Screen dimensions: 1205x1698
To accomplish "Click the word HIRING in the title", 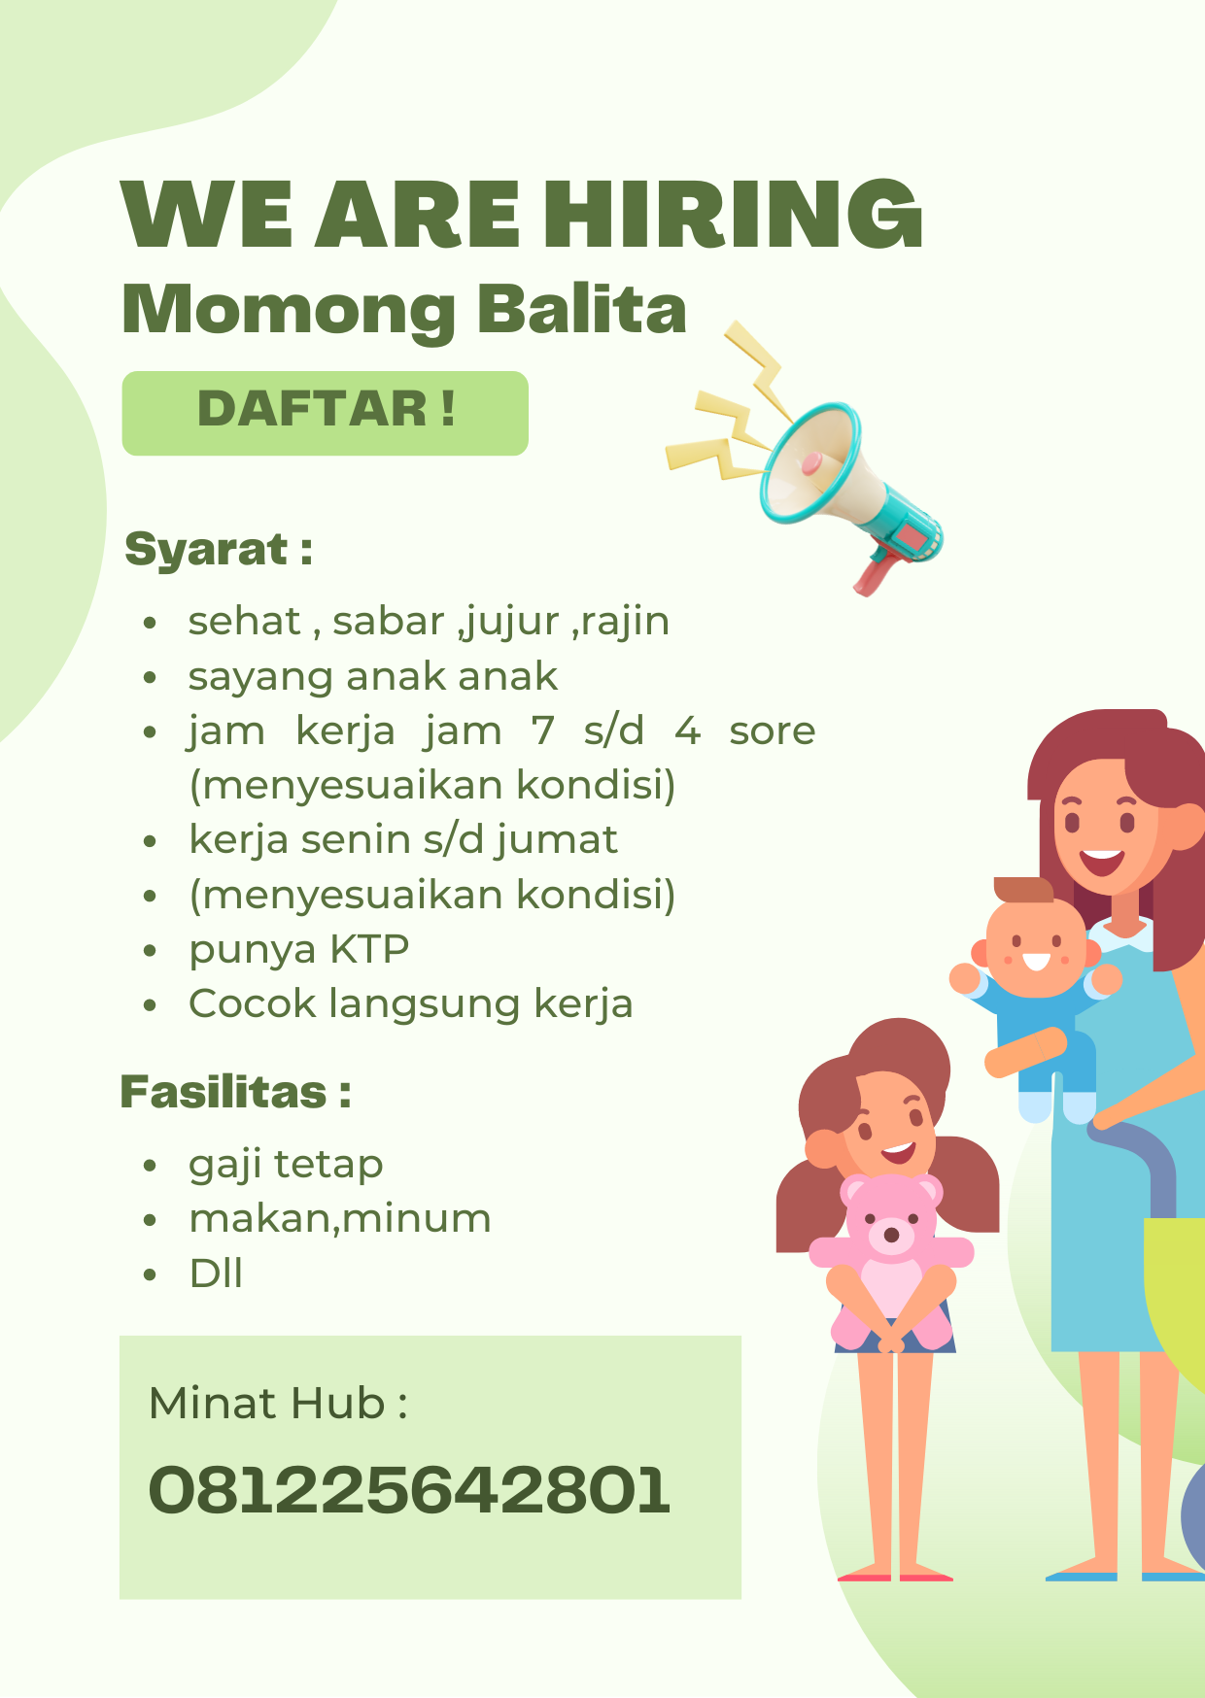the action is point(732,214).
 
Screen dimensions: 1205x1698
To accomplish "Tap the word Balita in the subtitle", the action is point(582,310).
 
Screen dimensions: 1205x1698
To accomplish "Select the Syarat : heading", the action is point(219,551).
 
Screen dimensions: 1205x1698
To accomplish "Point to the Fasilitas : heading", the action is point(235,1092).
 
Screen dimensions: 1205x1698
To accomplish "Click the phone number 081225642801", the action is point(409,1490).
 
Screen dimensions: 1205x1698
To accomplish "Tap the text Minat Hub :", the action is point(278,1404).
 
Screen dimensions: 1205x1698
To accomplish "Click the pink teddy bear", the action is point(891,1260).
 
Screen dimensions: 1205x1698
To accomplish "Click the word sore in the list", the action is point(773,731).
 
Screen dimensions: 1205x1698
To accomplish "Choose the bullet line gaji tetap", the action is point(286,1165).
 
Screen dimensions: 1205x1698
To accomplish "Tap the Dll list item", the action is point(216,1273).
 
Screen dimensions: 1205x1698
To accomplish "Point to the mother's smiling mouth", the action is point(1102,861).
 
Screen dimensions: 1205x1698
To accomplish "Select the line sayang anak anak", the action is point(373,677).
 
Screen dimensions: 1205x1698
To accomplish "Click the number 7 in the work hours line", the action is point(542,730).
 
